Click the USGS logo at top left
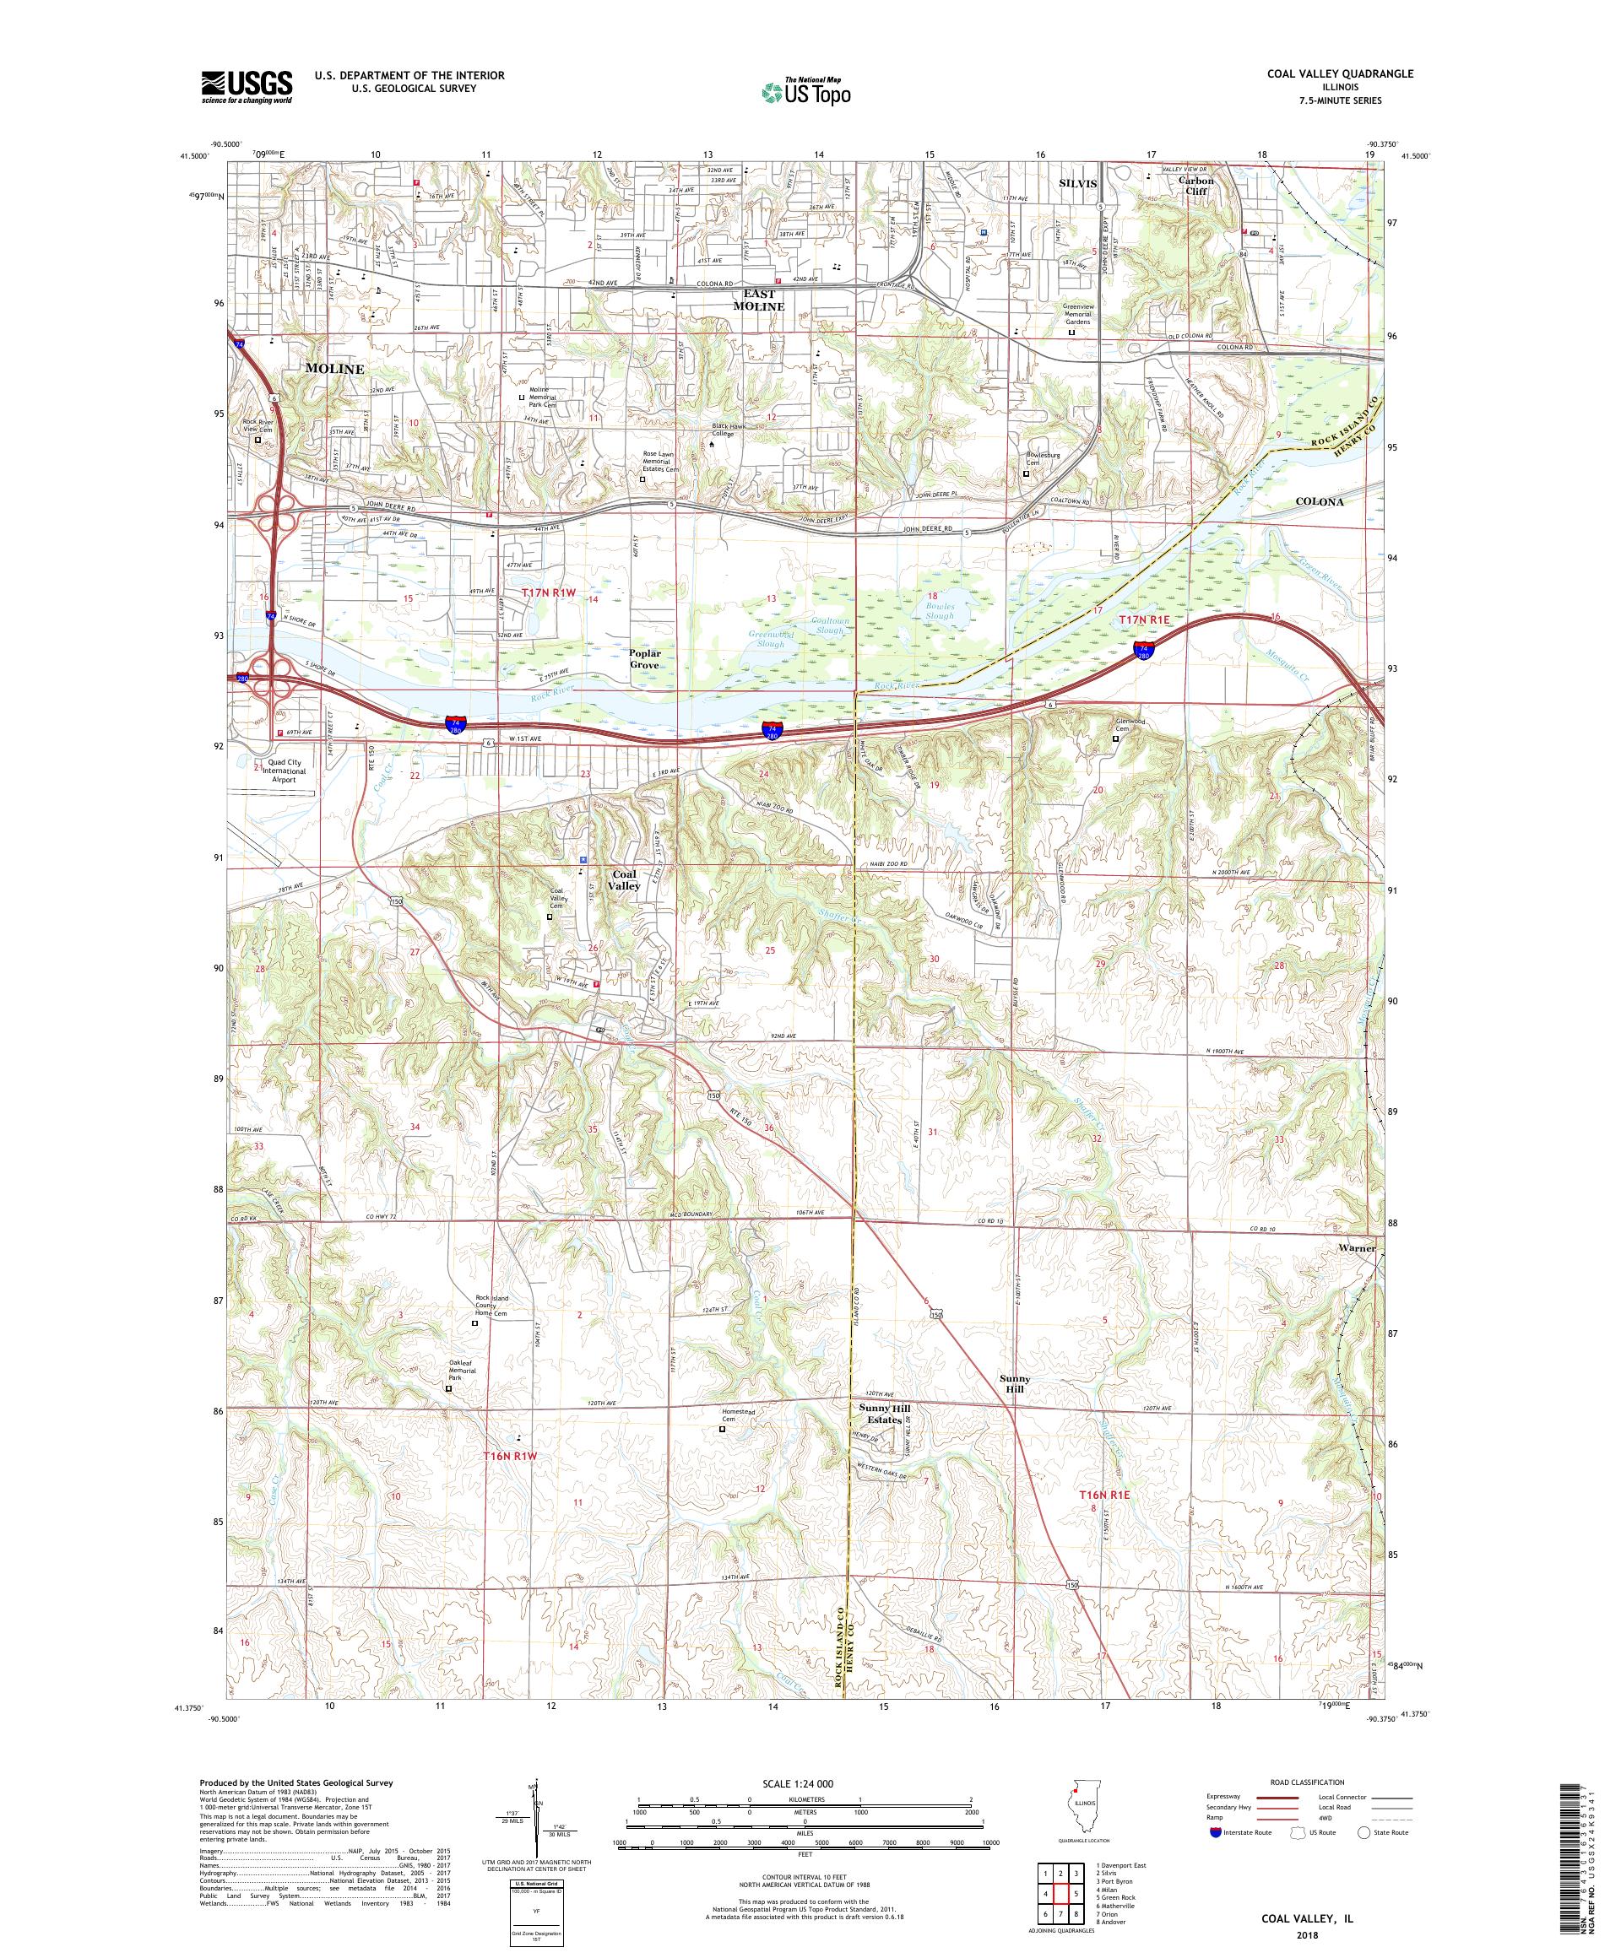(x=247, y=87)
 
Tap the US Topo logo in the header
(x=807, y=91)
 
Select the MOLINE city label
(x=333, y=369)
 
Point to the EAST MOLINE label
(x=758, y=300)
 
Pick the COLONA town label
(x=1320, y=501)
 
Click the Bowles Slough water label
(x=938, y=611)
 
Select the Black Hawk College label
(x=736, y=430)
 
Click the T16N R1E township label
(x=1104, y=1521)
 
